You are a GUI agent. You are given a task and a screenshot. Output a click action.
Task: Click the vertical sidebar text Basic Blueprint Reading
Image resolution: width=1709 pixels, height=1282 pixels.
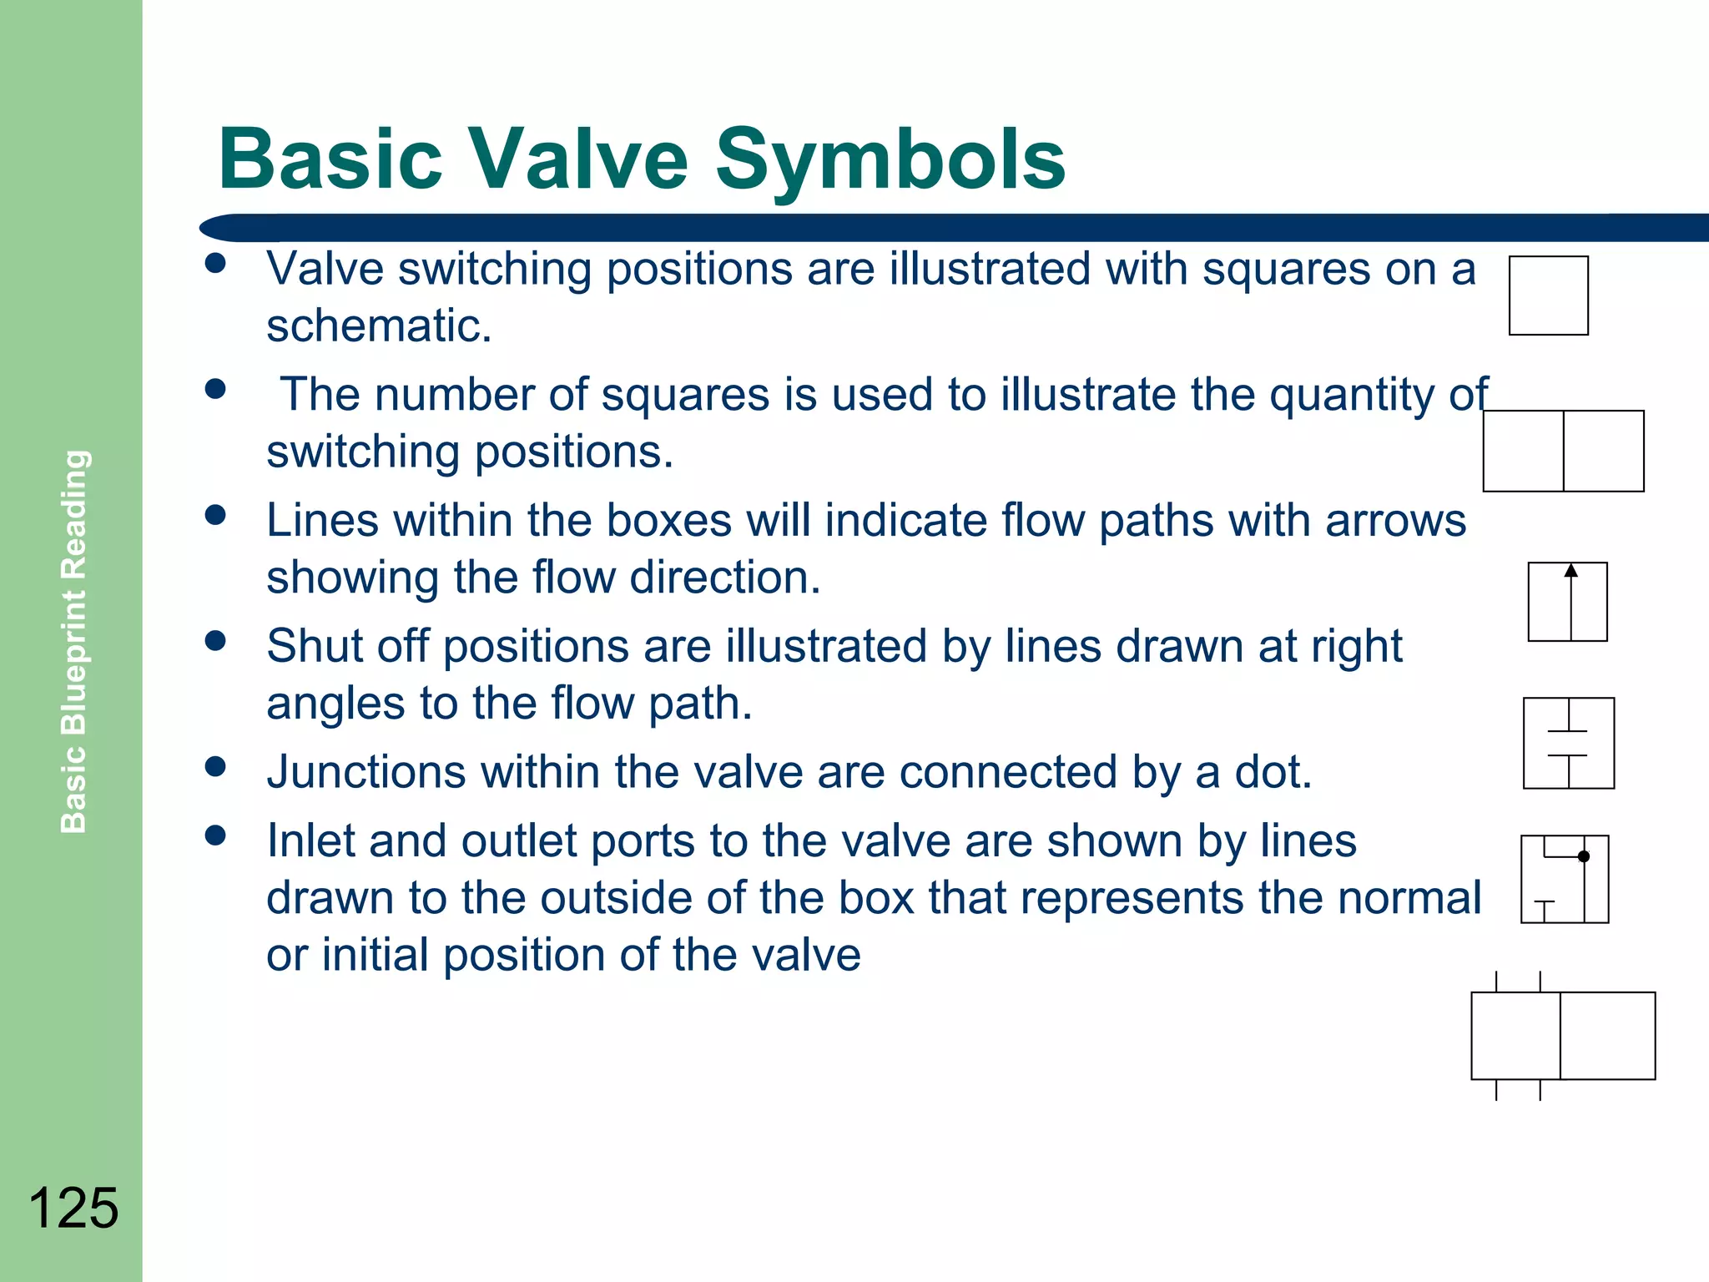click(74, 641)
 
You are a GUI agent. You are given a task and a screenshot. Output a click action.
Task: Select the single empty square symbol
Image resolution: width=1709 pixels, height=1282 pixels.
click(1548, 295)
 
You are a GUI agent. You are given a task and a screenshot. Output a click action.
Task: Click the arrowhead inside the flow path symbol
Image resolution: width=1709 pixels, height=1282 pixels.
click(1570, 571)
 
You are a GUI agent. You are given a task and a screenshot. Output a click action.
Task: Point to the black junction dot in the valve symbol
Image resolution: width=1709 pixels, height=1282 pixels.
click(1584, 856)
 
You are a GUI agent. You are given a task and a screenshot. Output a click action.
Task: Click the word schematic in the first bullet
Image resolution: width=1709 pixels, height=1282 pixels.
click(377, 326)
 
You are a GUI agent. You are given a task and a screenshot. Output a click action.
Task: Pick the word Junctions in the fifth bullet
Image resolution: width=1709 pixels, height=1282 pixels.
click(366, 772)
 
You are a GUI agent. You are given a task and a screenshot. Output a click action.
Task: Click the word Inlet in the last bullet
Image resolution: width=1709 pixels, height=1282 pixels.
click(310, 840)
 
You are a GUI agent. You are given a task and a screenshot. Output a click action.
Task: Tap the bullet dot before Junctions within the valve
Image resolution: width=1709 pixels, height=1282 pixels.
click(215, 767)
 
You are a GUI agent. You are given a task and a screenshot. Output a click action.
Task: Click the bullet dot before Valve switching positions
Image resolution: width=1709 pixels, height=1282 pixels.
click(215, 264)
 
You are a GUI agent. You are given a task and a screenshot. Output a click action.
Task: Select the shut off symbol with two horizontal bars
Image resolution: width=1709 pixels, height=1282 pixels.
click(1568, 743)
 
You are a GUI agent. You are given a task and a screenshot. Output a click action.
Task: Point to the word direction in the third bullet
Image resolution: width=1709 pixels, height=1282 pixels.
click(724, 578)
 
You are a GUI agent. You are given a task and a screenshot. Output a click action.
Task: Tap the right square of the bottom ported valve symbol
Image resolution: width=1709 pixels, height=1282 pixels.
click(1607, 1036)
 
